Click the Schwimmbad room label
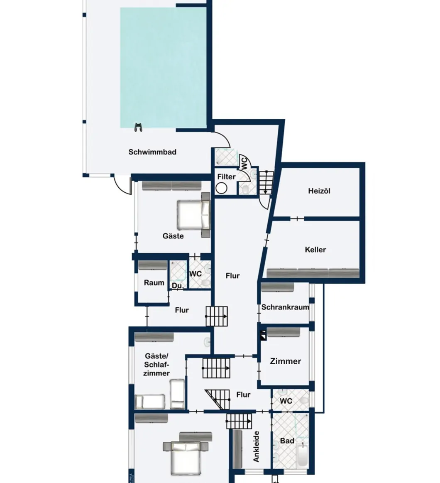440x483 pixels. click(x=152, y=152)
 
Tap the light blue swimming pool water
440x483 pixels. click(x=163, y=67)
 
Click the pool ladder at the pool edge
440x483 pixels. click(x=138, y=127)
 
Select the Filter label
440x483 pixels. click(x=226, y=177)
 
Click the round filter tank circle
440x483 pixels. click(x=221, y=188)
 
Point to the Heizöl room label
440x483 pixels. click(x=319, y=191)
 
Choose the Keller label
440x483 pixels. click(x=315, y=250)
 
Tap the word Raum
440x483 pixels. click(x=154, y=283)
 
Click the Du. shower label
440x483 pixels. click(x=177, y=286)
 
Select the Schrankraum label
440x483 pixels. click(x=285, y=307)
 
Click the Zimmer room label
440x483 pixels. click(x=286, y=361)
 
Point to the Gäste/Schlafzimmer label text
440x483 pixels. click(x=156, y=365)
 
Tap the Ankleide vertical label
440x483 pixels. click(x=256, y=446)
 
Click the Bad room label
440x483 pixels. click(x=287, y=441)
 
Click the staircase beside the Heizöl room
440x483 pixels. click(x=266, y=183)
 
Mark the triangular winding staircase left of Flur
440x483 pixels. click(x=218, y=400)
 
